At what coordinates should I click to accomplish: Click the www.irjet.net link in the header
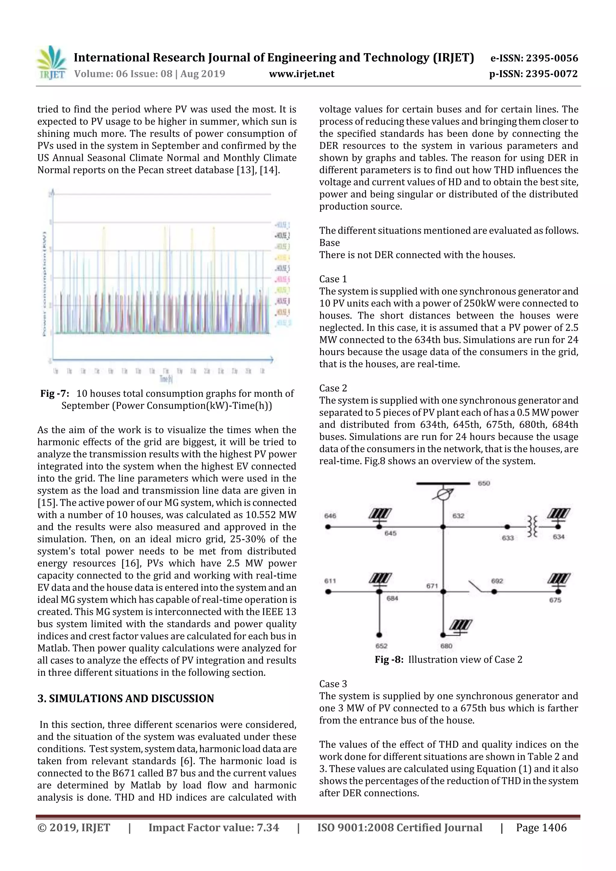tap(301, 74)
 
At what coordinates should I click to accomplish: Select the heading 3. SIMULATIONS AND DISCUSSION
tap(126, 698)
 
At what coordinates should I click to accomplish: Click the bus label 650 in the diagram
tap(484, 483)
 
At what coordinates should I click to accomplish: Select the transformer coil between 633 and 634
tap(532, 526)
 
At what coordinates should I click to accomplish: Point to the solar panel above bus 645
tap(380, 514)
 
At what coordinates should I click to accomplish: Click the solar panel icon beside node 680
tap(461, 624)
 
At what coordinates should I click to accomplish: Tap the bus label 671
tap(432, 586)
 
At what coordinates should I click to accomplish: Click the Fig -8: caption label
tap(389, 660)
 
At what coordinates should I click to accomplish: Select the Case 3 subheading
tap(333, 684)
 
